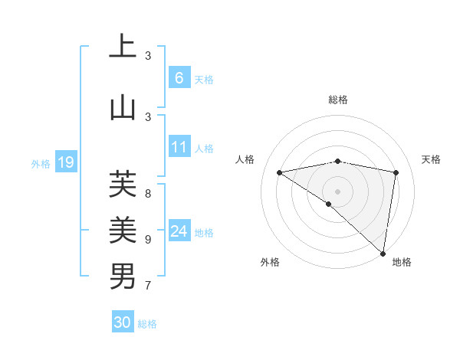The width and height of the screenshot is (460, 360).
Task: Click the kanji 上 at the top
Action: tap(123, 47)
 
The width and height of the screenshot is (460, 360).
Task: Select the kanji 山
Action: tap(123, 107)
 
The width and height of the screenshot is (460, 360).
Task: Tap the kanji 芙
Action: tap(123, 184)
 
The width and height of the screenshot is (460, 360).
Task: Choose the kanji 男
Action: tap(123, 276)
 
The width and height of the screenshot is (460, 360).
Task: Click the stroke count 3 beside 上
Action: tap(148, 55)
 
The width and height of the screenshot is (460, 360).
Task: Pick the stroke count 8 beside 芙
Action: tap(148, 185)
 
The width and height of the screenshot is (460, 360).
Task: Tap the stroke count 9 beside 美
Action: tap(148, 239)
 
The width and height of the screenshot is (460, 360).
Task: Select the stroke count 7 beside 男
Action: tap(148, 286)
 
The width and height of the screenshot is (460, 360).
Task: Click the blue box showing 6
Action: tap(179, 77)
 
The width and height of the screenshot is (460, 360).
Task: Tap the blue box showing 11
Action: tap(179, 146)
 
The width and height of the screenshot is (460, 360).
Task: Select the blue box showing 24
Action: tap(179, 231)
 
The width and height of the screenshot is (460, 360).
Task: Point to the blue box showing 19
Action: tap(66, 162)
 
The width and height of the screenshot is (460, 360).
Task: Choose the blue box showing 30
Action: tap(123, 322)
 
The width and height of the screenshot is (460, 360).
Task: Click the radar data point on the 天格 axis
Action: tap(396, 172)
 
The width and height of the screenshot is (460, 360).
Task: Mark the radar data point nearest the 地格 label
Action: tap(383, 253)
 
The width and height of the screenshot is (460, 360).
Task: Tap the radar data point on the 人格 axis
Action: tap(280, 172)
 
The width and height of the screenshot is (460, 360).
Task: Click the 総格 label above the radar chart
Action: tap(338, 100)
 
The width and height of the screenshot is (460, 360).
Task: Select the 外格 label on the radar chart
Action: tap(270, 262)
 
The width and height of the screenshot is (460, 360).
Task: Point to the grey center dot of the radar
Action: tap(338, 191)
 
